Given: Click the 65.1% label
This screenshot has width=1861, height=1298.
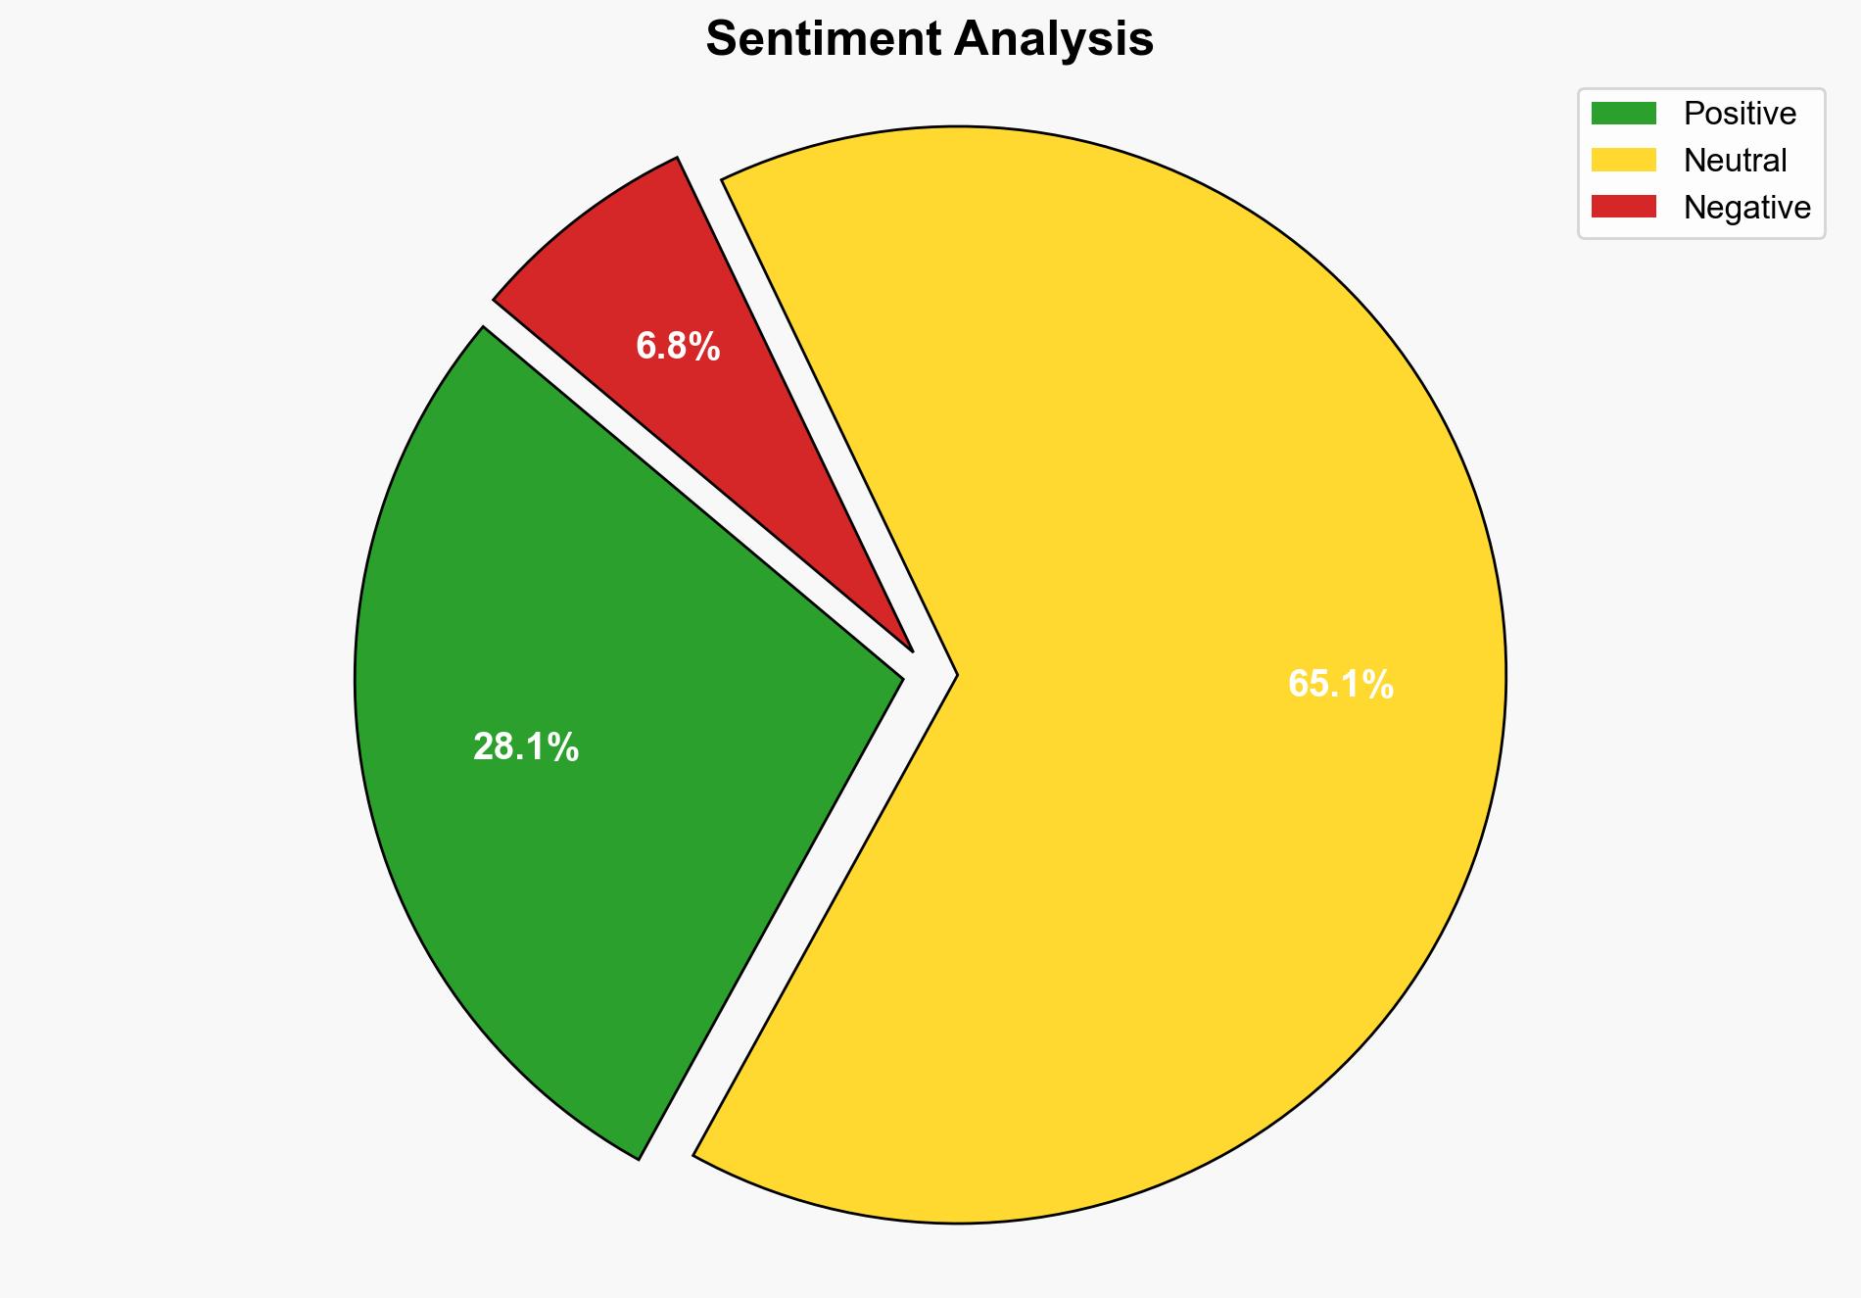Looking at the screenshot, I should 1340,684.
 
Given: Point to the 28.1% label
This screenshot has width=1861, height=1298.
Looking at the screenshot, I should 526,747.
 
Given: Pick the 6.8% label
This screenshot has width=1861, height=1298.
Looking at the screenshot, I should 678,346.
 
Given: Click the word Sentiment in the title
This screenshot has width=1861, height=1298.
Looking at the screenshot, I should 824,40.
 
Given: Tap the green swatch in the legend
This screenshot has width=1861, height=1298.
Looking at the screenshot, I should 1623,114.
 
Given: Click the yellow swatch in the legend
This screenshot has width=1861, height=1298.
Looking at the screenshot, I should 1623,160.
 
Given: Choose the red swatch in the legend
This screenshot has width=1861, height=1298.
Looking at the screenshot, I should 1623,207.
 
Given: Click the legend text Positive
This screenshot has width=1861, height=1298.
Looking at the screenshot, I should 1740,114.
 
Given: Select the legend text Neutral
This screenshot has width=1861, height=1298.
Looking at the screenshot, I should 1735,160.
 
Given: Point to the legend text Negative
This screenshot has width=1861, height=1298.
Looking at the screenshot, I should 1746,207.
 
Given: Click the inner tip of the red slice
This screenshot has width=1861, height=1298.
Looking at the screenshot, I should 911,649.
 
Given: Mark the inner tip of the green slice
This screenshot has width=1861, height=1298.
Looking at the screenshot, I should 899,676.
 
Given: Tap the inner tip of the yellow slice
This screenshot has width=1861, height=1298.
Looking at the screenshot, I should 955,674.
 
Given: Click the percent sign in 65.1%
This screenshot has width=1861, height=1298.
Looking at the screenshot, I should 1379,684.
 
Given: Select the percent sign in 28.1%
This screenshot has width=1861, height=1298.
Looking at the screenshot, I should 565,747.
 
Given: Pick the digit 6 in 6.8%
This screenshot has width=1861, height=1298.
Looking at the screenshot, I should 644,346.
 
